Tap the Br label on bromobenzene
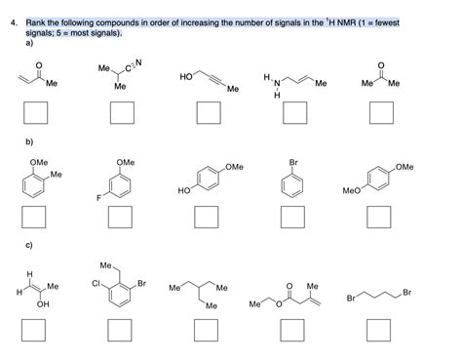click(293, 162)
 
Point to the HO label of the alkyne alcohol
click(186, 74)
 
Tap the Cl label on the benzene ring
click(99, 285)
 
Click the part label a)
click(30, 44)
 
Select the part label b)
click(30, 142)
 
